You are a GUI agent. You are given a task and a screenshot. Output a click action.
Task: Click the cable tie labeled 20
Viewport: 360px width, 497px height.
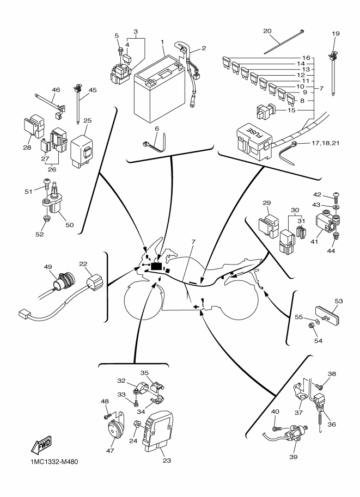[283, 43]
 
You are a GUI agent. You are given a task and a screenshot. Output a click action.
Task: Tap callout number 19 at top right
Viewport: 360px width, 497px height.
[335, 34]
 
